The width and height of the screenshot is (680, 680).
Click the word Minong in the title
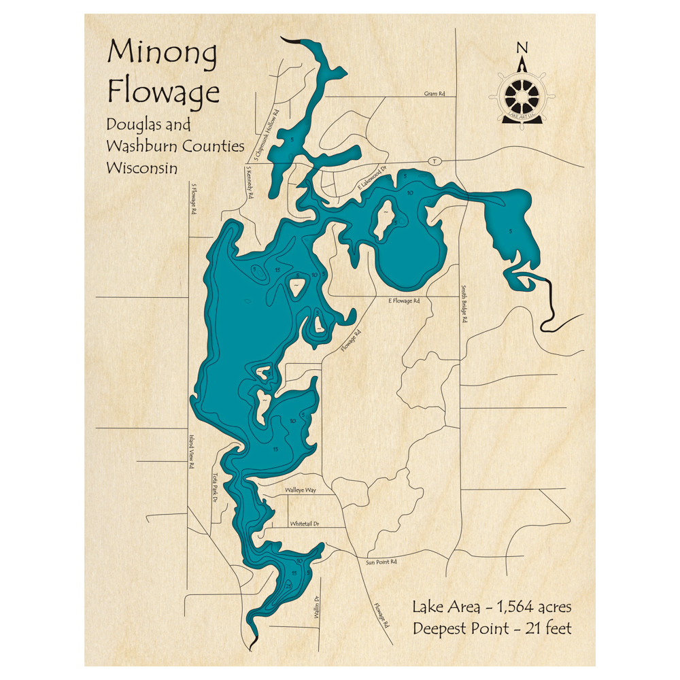tap(161, 54)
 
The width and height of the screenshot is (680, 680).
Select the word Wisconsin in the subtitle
tap(142, 167)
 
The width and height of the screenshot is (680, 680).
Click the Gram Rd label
tap(434, 95)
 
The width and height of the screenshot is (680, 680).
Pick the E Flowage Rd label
tap(404, 300)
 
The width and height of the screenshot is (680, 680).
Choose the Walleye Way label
tap(301, 489)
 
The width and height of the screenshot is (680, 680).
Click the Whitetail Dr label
tap(305, 524)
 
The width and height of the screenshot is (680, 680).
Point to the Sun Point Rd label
tap(381, 562)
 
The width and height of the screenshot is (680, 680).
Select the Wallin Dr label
tap(316, 605)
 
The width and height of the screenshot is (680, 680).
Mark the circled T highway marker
tap(435, 160)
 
